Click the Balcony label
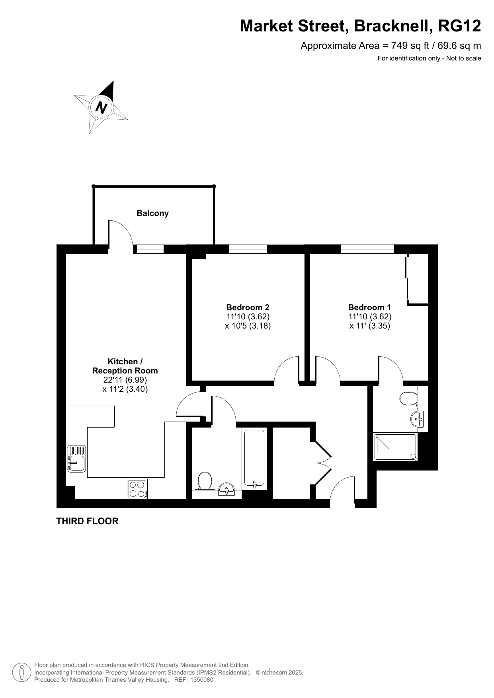coord(152,213)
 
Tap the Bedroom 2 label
coord(248,307)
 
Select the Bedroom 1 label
coord(369,307)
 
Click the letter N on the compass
coord(102,107)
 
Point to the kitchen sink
coord(76,459)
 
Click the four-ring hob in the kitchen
coord(138,489)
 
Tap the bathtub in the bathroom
coord(254,459)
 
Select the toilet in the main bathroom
coord(205,481)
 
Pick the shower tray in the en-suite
coord(395,447)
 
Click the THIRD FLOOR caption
coord(87,521)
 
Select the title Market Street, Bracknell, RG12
coord(360,26)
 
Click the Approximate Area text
coord(391,46)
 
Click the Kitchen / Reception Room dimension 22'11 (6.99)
coord(125,380)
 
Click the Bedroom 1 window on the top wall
coord(367,249)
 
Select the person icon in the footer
coord(22,673)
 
